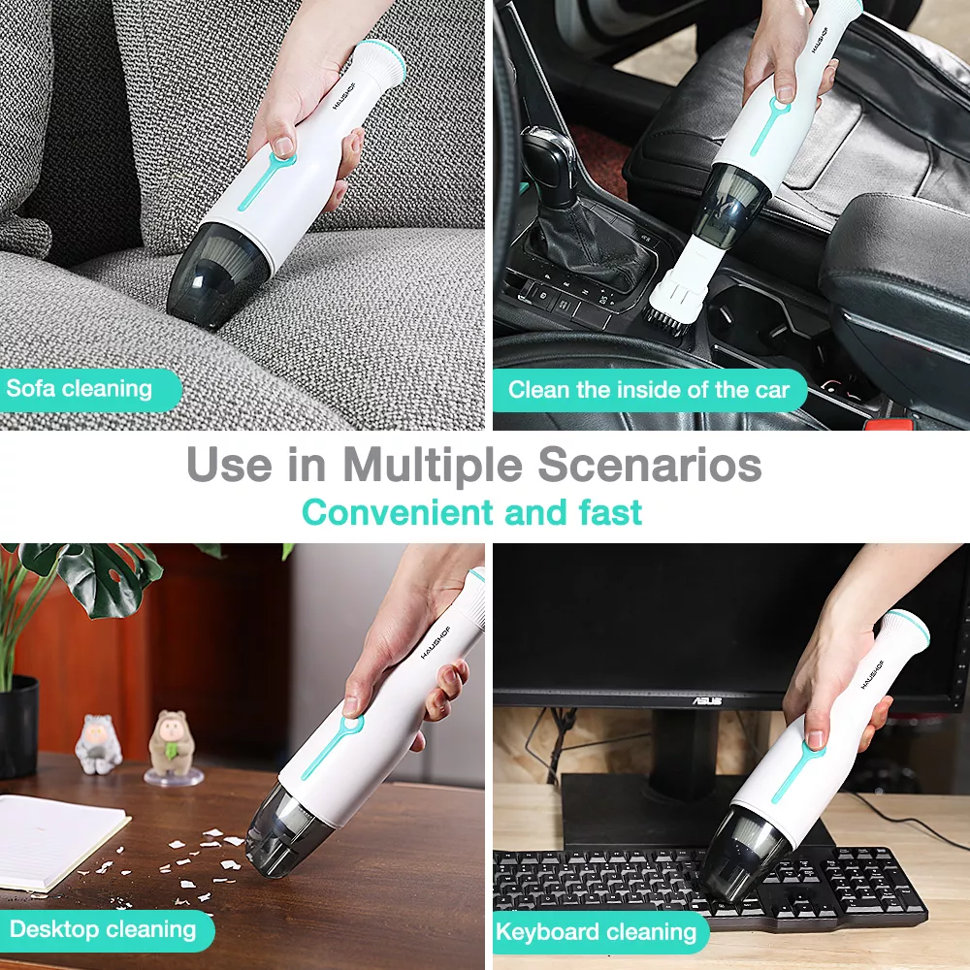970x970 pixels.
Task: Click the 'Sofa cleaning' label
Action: point(80,389)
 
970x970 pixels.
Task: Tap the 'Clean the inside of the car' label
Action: point(649,390)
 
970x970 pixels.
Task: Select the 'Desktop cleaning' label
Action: point(103,930)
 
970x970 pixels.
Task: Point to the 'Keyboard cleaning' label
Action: point(597,932)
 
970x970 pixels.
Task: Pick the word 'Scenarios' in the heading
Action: point(650,465)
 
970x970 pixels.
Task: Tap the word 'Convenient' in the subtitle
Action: point(398,512)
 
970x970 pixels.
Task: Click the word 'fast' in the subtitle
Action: point(610,512)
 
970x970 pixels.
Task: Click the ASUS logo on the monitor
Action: point(706,701)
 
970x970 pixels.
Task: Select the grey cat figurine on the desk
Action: point(98,744)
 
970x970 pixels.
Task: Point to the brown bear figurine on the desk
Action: point(173,743)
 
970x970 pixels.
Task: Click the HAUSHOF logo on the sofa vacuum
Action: point(344,96)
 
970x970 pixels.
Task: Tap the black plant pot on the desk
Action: point(18,727)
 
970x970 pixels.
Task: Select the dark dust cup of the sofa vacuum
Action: point(218,275)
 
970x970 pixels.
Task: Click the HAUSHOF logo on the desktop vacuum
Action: point(436,641)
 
